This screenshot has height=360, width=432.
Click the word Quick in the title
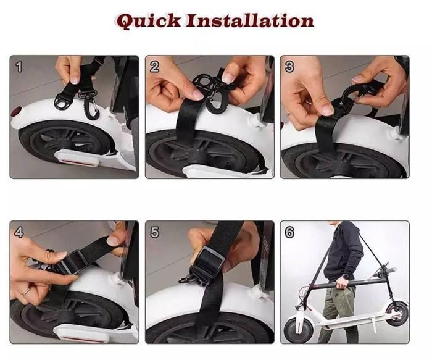[149, 21]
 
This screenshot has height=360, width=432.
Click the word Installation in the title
[249, 20]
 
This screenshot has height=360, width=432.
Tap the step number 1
[19, 67]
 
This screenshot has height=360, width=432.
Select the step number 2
[154, 67]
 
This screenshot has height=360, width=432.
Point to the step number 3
[289, 67]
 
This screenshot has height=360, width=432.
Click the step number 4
[19, 232]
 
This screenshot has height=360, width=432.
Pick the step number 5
[154, 232]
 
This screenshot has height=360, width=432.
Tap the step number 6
[289, 232]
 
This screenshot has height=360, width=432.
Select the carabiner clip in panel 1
[91, 105]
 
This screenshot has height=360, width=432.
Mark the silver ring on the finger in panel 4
[26, 291]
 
